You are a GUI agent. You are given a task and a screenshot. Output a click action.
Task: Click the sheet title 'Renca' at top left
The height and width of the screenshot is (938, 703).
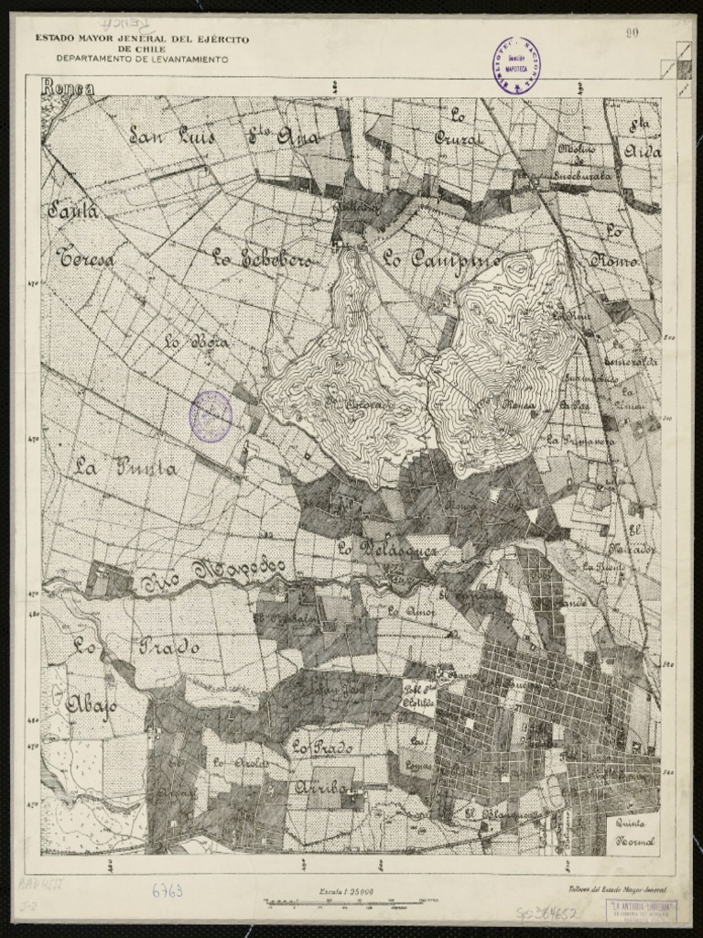coord(69,88)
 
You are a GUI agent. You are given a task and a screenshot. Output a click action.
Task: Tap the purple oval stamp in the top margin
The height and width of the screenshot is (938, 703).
coord(518,67)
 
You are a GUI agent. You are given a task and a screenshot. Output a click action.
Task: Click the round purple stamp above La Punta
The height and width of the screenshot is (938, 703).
coord(211,417)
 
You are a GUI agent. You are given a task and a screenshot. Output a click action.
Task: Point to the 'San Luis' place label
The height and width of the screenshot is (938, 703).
coord(172,137)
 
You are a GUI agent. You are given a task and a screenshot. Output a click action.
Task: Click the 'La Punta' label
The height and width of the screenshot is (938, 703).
coord(126,468)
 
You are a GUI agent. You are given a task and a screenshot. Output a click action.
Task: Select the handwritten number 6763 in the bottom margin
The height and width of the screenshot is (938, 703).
coord(168,889)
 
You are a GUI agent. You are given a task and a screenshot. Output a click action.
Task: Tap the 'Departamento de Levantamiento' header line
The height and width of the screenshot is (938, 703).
coord(142,58)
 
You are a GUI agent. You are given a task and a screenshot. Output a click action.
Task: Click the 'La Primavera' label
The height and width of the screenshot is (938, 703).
coord(580,441)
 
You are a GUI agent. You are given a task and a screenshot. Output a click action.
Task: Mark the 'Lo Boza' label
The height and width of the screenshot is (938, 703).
coord(196,343)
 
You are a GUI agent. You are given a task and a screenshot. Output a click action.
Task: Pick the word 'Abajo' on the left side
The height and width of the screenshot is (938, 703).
coord(91,705)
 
